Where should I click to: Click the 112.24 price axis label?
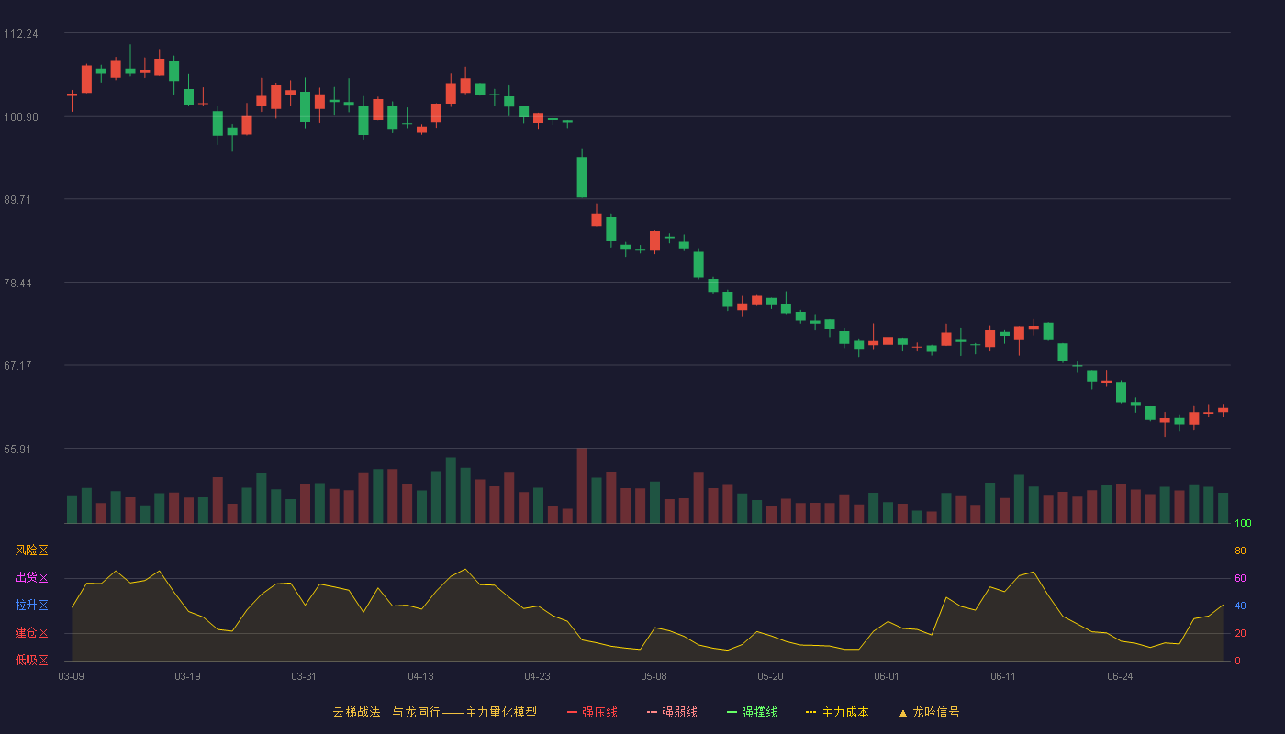click(20, 34)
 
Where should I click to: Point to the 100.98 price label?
click(20, 117)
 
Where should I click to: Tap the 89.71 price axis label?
click(17, 200)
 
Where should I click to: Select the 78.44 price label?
click(17, 284)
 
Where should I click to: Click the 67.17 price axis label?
click(17, 366)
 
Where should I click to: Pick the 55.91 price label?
click(17, 449)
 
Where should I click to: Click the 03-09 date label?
click(72, 677)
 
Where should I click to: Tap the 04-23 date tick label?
click(537, 677)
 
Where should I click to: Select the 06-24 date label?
click(1120, 677)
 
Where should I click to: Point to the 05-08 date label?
click(654, 677)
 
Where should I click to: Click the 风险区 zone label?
click(31, 550)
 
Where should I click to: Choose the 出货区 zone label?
click(31, 577)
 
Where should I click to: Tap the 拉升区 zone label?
click(31, 605)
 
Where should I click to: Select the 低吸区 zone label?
click(31, 660)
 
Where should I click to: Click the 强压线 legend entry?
click(592, 712)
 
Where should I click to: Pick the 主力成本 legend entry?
click(837, 712)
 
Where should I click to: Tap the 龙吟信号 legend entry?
click(929, 712)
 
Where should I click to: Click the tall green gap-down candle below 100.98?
click(582, 177)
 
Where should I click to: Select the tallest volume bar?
click(582, 485)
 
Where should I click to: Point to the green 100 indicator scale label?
click(1243, 523)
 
